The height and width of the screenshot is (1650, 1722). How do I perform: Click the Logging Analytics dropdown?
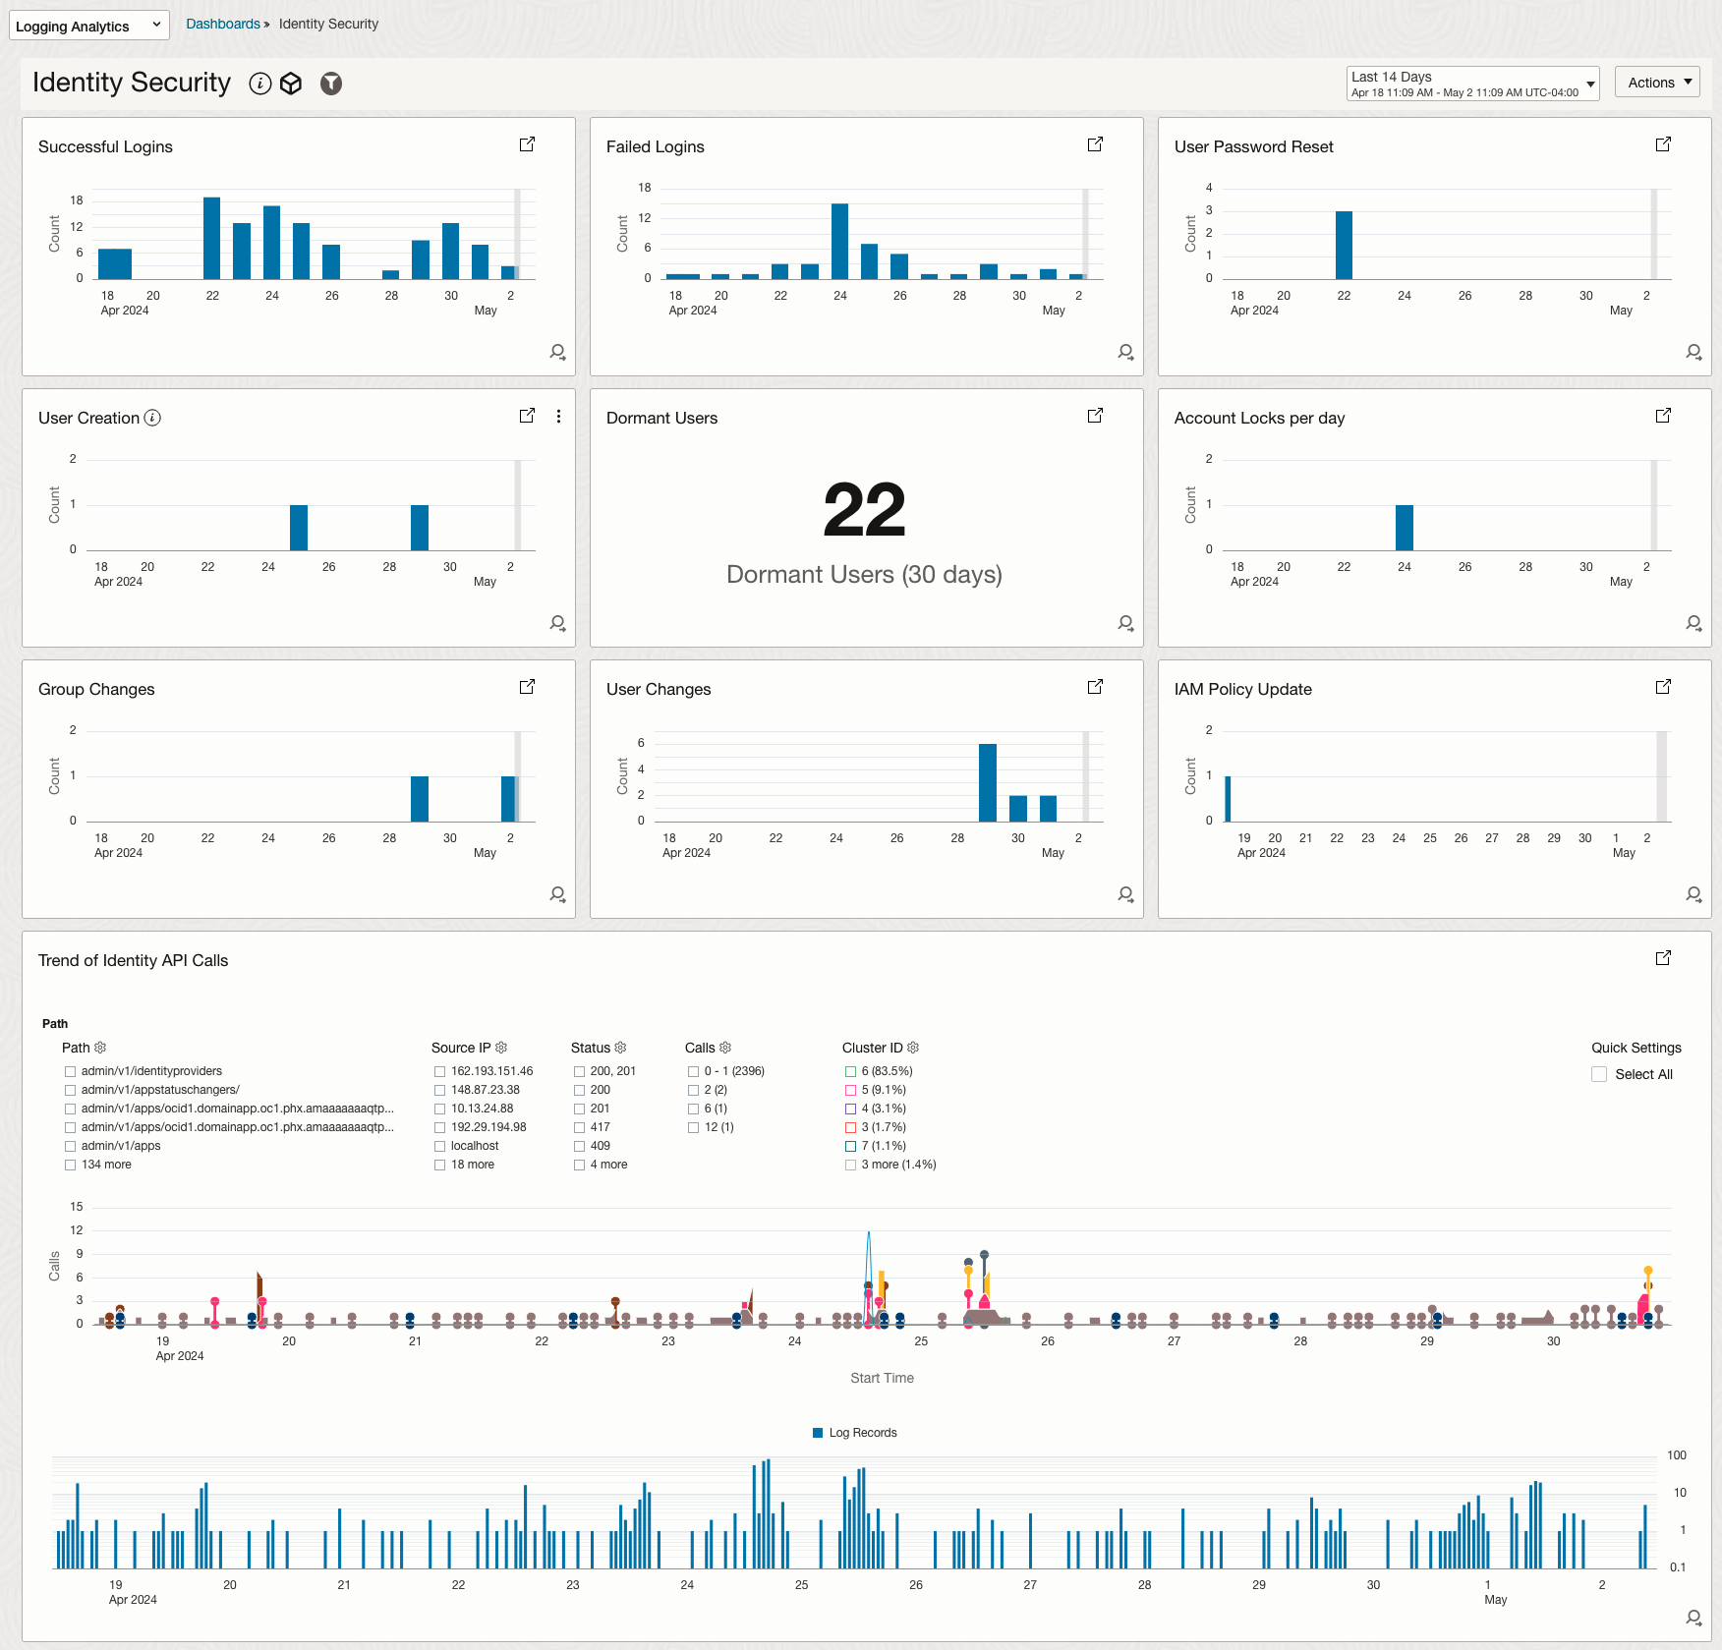(88, 26)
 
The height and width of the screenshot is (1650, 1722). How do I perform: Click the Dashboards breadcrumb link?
(223, 24)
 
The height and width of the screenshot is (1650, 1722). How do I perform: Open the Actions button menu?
(1657, 83)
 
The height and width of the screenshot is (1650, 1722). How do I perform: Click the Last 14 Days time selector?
(1471, 84)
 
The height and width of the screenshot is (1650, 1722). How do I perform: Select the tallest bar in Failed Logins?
(839, 241)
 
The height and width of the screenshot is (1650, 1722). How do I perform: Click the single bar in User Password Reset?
(1344, 245)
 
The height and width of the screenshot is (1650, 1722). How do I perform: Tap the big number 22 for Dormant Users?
(864, 510)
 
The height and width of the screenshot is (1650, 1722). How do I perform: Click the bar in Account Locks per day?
(1405, 527)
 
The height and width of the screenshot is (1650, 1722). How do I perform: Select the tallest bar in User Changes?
(987, 782)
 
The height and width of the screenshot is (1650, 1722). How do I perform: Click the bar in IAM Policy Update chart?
(1228, 798)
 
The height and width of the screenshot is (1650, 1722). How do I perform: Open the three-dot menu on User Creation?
(558, 417)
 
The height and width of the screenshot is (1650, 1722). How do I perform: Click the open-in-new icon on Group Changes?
(528, 687)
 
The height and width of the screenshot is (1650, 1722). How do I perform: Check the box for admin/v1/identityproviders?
(70, 1071)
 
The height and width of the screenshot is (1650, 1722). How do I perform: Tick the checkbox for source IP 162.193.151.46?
(439, 1071)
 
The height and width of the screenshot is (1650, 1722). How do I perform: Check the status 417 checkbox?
(579, 1127)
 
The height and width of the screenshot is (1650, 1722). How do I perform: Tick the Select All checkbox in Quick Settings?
(1599, 1074)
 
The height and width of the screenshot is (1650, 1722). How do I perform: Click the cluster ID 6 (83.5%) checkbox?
(850, 1071)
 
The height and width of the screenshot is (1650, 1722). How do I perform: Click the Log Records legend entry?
(854, 1433)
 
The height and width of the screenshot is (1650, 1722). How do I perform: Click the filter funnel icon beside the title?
(331, 84)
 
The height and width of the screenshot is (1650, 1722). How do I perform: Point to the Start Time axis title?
(882, 1378)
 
